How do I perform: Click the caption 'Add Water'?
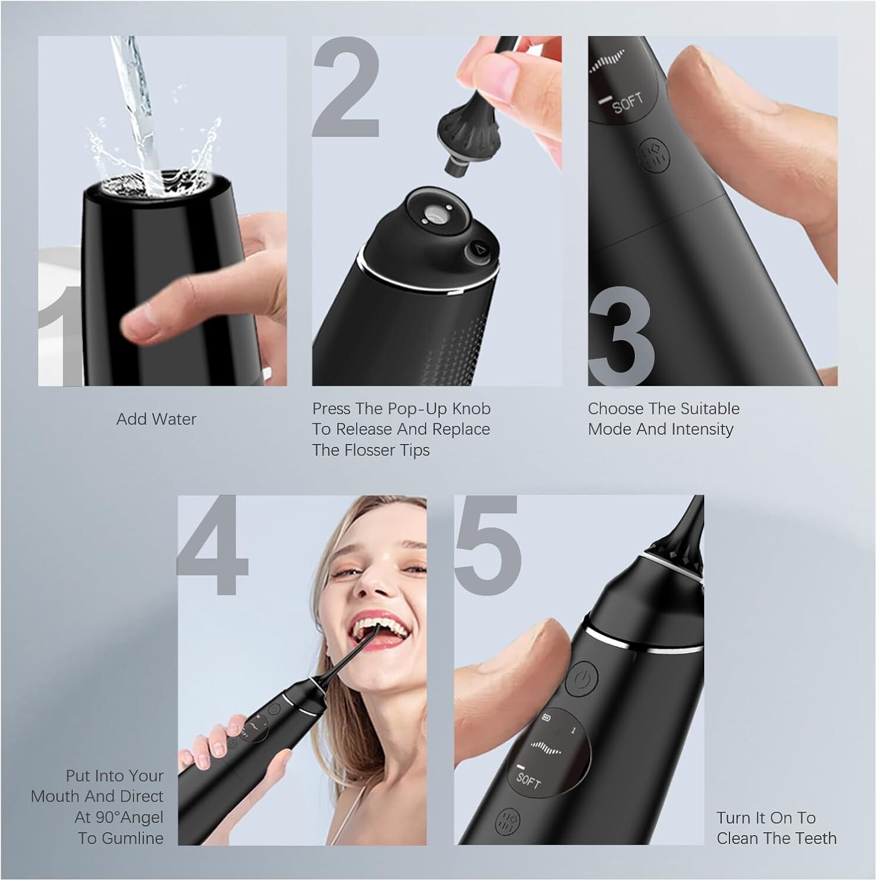156,419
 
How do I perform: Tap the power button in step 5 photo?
581,680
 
